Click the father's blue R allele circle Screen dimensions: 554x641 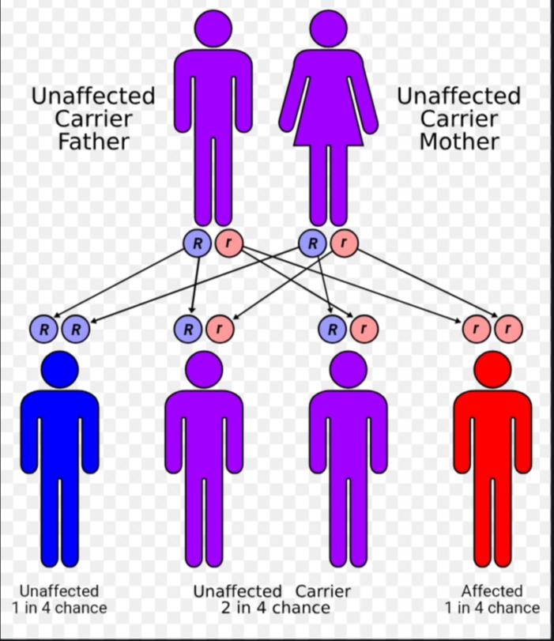tap(198, 243)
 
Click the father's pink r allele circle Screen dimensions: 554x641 tap(228, 243)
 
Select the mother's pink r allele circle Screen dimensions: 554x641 tap(343, 243)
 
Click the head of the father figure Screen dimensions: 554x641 tap(213, 28)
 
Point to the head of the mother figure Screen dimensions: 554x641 tap(329, 28)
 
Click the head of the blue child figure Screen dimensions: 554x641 tap(59, 369)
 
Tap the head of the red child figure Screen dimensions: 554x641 tap(492, 369)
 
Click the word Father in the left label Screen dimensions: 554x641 tap(93, 142)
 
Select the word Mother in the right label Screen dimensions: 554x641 tap(458, 142)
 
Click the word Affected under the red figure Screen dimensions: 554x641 tap(492, 590)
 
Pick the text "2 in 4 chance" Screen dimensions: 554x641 tap(274, 608)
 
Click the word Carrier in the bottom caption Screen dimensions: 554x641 tap(322, 590)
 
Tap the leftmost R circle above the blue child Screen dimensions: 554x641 tap(45, 327)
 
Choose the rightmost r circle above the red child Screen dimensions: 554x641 tap(508, 327)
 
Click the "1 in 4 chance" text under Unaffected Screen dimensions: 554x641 tap(59, 608)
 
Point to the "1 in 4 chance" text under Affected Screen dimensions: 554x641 tap(492, 608)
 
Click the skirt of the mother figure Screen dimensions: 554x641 tap(329, 126)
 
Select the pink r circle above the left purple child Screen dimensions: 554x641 tap(220, 327)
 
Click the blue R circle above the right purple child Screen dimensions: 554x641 tap(334, 327)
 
